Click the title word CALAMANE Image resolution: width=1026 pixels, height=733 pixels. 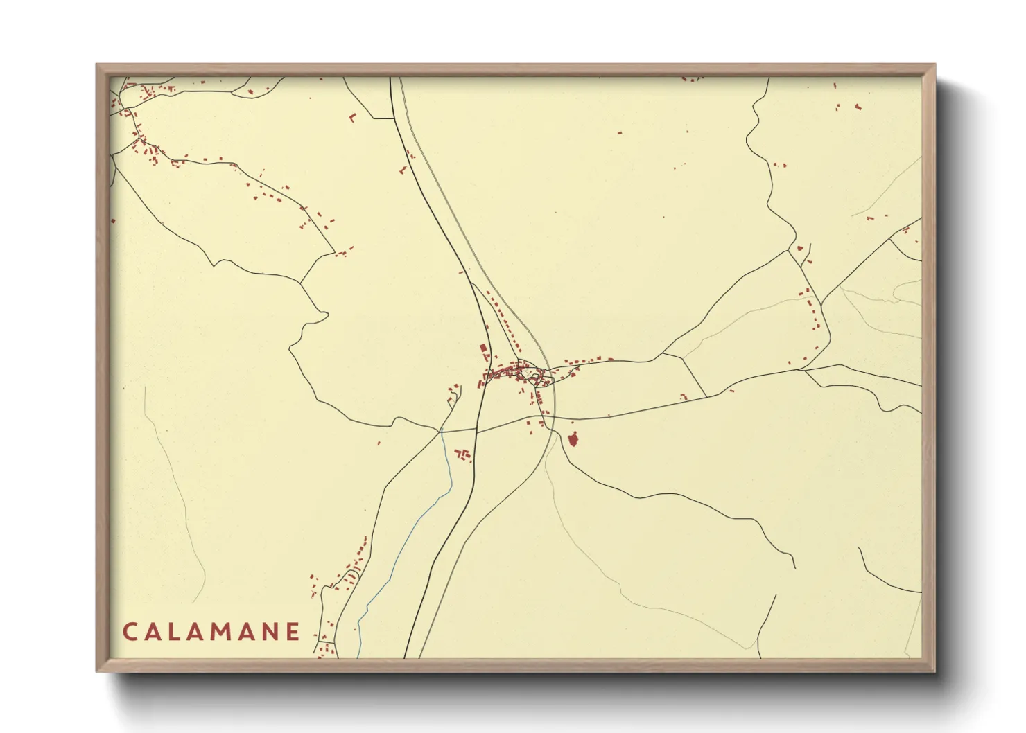(211, 632)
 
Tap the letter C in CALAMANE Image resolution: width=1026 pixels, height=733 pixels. (130, 632)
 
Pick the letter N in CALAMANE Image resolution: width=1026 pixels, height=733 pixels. (270, 632)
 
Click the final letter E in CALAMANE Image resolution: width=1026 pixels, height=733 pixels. (293, 632)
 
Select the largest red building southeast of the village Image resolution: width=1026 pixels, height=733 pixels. (573, 439)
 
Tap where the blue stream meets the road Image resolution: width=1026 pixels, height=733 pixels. (441, 431)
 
